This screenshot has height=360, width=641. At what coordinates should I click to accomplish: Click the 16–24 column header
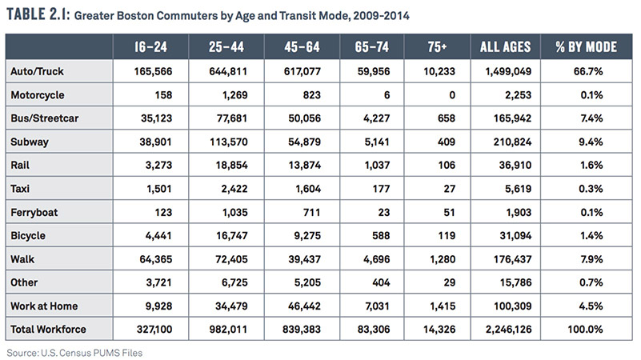(x=150, y=47)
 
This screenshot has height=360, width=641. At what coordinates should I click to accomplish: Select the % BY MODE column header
(x=587, y=47)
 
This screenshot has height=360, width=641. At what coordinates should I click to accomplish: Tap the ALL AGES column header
(x=505, y=47)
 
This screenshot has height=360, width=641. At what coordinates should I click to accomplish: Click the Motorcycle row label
(x=37, y=95)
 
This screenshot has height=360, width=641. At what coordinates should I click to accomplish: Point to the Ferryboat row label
(x=34, y=213)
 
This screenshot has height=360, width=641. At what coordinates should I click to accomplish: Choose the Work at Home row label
(x=44, y=306)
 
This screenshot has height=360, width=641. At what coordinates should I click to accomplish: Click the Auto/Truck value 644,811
(x=228, y=71)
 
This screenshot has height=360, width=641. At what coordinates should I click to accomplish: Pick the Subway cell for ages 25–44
(x=229, y=142)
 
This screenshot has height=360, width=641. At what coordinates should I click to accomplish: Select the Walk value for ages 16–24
(x=156, y=259)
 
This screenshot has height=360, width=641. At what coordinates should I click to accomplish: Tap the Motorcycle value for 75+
(x=452, y=95)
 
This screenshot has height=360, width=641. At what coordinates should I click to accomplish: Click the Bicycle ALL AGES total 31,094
(x=515, y=236)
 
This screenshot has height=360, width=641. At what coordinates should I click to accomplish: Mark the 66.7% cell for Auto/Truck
(x=588, y=71)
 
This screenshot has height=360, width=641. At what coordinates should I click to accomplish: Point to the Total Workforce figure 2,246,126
(x=508, y=330)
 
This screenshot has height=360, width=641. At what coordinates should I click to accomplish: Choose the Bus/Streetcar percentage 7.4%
(x=591, y=118)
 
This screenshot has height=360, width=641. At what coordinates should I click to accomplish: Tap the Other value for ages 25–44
(x=234, y=282)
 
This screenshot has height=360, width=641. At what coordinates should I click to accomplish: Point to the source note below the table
(x=74, y=353)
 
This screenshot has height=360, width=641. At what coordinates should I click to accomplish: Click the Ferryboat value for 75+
(x=449, y=213)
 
